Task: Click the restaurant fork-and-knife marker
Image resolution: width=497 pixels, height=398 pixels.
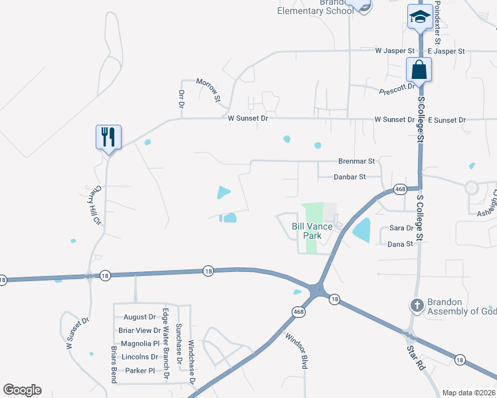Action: click(107, 137)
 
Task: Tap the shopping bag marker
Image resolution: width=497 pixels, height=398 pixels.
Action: click(419, 69)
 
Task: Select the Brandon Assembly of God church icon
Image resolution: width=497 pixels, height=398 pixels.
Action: click(416, 306)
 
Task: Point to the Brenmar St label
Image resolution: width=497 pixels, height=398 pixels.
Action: click(357, 161)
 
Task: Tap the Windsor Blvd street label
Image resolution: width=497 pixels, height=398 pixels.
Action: click(298, 347)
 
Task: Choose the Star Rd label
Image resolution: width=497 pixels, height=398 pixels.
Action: click(416, 357)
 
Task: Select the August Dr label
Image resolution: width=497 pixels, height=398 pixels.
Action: click(139, 317)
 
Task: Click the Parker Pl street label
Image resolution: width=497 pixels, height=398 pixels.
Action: click(140, 370)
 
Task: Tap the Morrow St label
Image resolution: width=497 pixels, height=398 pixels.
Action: click(209, 90)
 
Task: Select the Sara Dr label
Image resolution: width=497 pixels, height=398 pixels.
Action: click(401, 228)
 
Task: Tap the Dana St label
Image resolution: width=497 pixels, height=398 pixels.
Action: click(401, 244)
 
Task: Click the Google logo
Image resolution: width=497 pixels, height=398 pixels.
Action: click(22, 390)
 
